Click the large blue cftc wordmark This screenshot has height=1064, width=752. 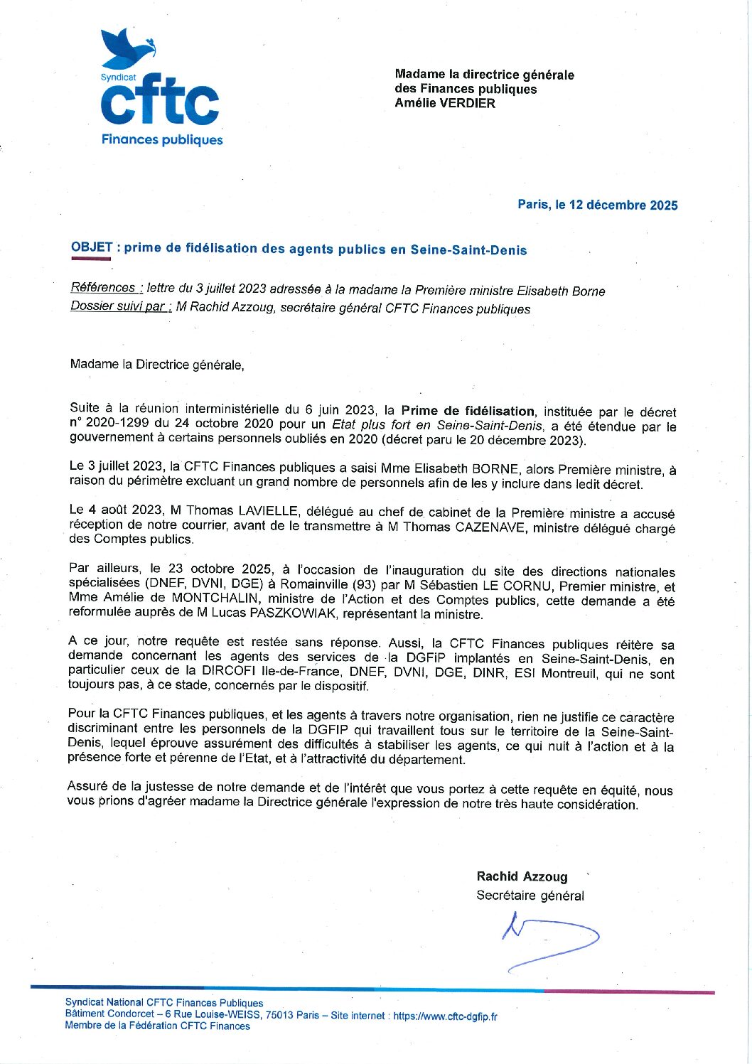coord(160,101)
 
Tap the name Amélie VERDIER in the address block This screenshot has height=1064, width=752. coord(445,103)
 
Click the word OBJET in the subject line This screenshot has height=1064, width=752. coord(92,247)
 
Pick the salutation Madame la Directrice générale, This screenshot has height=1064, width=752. coord(157,365)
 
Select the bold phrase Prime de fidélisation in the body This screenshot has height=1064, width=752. coord(467,411)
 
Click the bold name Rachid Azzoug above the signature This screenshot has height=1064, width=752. coord(522,876)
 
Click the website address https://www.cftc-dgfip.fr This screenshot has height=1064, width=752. coord(445,1016)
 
